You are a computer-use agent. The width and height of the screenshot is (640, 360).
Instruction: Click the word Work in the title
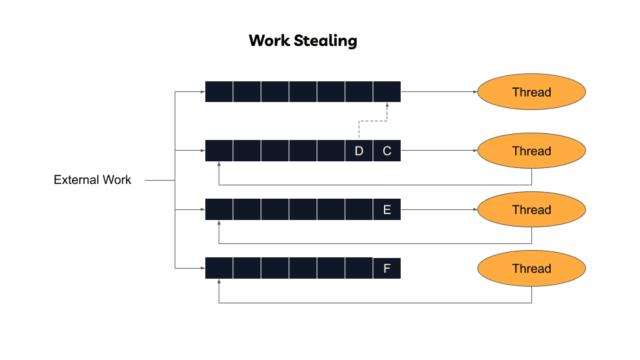[269, 41]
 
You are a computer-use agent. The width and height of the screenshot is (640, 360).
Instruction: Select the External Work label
[93, 180]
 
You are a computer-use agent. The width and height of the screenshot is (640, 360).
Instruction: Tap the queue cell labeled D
[359, 151]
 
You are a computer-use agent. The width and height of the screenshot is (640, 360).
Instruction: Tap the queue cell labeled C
[387, 151]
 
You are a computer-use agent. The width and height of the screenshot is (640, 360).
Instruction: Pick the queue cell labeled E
[387, 210]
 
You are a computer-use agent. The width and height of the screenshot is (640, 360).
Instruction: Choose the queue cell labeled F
[387, 269]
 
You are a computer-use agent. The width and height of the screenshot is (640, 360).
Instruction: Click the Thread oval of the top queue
[531, 92]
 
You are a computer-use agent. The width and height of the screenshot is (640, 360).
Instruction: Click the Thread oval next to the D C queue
[531, 151]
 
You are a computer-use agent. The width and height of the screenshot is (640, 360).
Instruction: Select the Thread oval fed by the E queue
[531, 209]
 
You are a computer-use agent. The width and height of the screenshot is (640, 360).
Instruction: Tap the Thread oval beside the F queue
[531, 268]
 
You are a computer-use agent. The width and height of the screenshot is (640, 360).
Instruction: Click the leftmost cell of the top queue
[219, 92]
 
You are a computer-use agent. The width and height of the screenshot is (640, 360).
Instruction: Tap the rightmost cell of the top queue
[387, 92]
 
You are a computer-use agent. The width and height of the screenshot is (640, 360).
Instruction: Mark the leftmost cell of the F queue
[219, 268]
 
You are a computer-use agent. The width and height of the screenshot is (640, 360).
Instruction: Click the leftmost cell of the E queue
[219, 209]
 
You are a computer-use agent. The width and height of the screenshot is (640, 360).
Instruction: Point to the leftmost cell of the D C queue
[219, 151]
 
